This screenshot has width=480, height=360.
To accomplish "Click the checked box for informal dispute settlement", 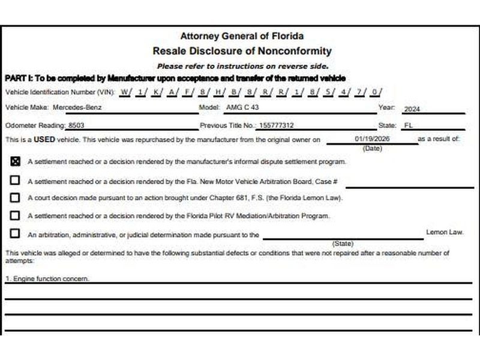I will coord(15,161).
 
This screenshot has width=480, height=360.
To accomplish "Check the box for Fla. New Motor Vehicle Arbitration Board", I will coord(15,180).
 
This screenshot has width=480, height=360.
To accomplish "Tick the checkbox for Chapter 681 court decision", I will coord(15,197).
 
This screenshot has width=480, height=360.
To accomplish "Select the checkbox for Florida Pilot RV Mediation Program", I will coord(15,215).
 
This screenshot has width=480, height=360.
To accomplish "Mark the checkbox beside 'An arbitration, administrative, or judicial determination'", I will coord(15,234).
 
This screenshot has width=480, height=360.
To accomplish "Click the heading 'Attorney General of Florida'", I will coord(242,36).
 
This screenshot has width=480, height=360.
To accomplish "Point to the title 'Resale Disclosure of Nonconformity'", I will coord(242,51).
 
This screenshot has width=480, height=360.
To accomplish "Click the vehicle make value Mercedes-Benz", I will coord(77,108).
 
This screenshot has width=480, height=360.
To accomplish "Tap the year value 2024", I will coord(412,110).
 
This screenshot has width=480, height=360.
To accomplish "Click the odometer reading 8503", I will coord(77,125).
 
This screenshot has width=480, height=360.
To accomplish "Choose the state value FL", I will coord(409,126).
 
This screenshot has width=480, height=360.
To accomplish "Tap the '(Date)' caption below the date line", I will coord(373,148).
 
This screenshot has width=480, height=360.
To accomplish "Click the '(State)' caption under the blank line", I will coord(343,244).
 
